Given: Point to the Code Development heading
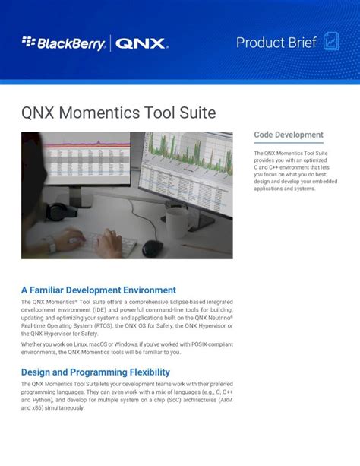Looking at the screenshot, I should click(288, 135).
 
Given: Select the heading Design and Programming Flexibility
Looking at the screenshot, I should click(95, 372).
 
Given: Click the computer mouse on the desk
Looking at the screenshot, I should click(153, 248).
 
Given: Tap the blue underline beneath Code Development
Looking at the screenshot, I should click(288, 143).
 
